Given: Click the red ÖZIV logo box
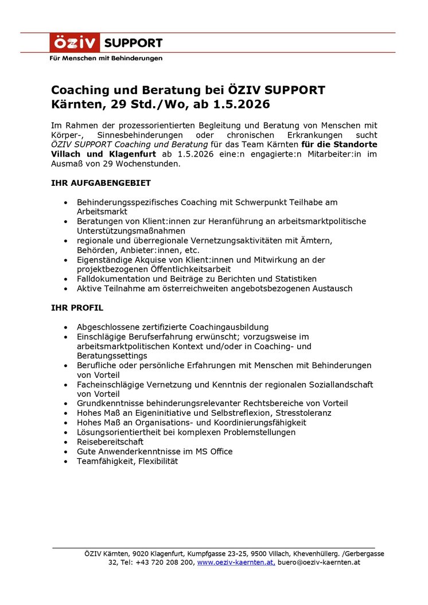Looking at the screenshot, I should point(75,43).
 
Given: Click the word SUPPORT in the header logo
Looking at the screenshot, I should point(133,43).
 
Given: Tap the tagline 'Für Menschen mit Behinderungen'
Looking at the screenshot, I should point(106,58).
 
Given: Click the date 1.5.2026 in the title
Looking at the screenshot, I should point(241,105).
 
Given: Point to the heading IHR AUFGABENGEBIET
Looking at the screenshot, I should point(101,183).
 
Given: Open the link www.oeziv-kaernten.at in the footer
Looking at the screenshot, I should point(235,563).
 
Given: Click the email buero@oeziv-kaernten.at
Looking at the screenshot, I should point(319,563).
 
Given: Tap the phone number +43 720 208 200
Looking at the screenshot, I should point(165,563).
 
